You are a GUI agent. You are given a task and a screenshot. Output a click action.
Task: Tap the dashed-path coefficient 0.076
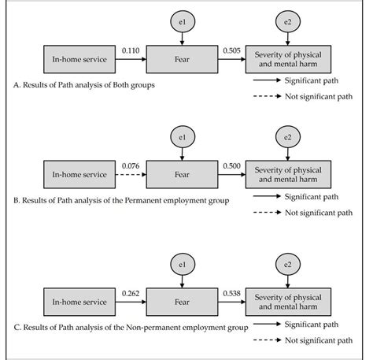[x=130, y=165]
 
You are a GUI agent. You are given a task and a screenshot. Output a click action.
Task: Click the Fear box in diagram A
[x=181, y=57]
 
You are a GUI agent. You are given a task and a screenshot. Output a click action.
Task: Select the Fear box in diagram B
[x=181, y=173]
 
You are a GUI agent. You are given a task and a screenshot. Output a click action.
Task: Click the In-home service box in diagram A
[x=79, y=57]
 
